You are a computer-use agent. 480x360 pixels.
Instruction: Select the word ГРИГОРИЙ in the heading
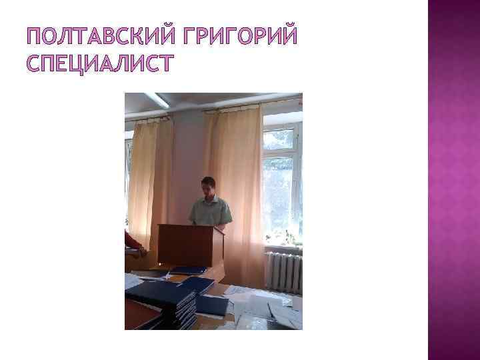(237, 33)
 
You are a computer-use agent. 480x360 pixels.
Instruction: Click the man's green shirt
(210, 211)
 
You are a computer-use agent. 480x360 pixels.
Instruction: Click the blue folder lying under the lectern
(188, 270)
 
